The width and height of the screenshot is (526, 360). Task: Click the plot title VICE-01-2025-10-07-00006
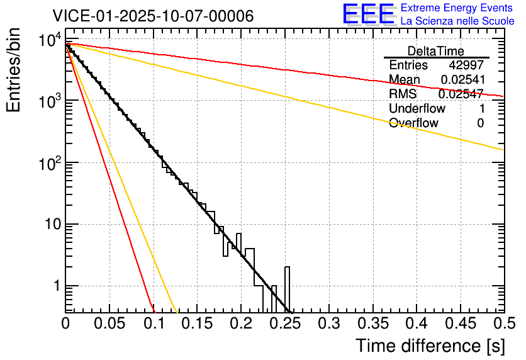[x=153, y=16]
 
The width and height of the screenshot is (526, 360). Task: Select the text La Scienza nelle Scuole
[x=457, y=21]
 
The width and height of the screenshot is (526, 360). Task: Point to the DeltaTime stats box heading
[x=435, y=51]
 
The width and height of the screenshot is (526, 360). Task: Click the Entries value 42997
[x=466, y=65]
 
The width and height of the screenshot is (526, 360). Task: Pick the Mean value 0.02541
[x=462, y=79]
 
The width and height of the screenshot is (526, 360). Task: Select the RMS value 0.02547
[x=461, y=94]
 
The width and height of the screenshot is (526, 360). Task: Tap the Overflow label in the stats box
[x=413, y=123]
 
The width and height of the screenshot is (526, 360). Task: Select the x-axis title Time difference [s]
[x=429, y=346]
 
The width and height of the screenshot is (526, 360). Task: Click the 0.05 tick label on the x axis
[x=109, y=324]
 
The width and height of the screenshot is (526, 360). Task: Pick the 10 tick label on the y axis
[x=51, y=225]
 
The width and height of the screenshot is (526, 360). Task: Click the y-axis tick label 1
[x=55, y=286]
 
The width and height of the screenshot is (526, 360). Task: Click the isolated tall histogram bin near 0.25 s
[x=288, y=290]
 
